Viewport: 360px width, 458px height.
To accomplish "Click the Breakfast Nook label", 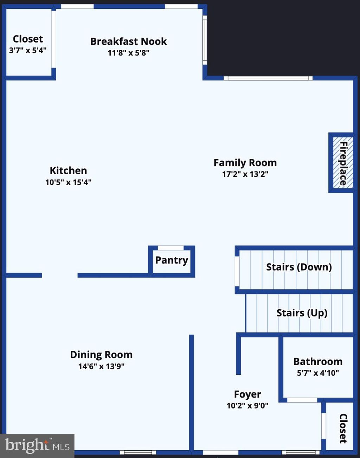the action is pyautogui.click(x=128, y=41).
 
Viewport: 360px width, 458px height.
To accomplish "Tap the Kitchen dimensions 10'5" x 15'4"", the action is pyautogui.click(x=68, y=182).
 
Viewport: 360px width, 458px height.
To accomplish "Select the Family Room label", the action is pyautogui.click(x=245, y=163).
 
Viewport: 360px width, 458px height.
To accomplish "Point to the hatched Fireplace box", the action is pyautogui.click(x=343, y=163).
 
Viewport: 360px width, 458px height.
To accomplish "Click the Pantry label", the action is pyautogui.click(x=172, y=260).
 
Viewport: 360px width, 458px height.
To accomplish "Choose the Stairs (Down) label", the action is pyautogui.click(x=299, y=267).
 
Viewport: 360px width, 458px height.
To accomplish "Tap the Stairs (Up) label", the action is pyautogui.click(x=302, y=313).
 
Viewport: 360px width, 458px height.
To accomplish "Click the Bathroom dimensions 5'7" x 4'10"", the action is pyautogui.click(x=318, y=373).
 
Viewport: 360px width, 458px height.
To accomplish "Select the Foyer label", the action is pyautogui.click(x=247, y=394).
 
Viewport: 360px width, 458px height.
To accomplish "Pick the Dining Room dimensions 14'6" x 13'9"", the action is pyautogui.click(x=101, y=366).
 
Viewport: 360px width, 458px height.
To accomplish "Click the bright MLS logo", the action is pyautogui.click(x=37, y=445).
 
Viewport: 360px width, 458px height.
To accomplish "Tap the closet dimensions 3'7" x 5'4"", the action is pyautogui.click(x=28, y=50).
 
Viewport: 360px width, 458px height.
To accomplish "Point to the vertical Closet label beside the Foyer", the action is pyautogui.click(x=343, y=428).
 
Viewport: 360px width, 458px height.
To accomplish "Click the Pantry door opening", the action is pyautogui.click(x=171, y=248).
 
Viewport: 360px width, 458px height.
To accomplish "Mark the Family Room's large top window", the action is pyautogui.click(x=268, y=78).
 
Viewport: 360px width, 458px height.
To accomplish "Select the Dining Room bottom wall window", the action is pyautogui.click(x=138, y=452).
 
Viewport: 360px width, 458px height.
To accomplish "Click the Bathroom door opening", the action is pyautogui.click(x=302, y=400).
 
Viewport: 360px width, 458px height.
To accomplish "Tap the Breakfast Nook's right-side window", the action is pyautogui.click(x=205, y=40).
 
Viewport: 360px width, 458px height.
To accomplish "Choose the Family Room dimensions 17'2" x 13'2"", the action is pyautogui.click(x=245, y=174).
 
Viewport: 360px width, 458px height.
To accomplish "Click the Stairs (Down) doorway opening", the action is pyautogui.click(x=237, y=271).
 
